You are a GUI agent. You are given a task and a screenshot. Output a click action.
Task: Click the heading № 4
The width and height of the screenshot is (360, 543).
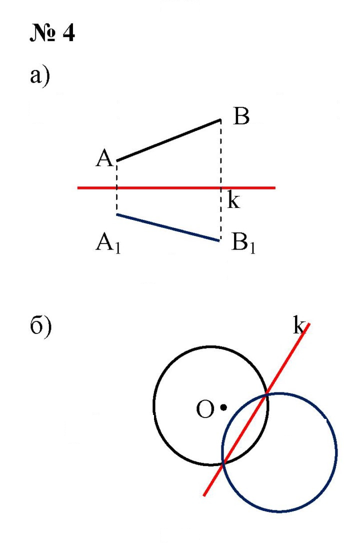point(52,33)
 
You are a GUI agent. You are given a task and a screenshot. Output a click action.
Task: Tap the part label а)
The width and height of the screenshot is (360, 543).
point(40,76)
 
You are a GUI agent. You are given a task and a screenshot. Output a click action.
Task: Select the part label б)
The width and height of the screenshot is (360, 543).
point(40,327)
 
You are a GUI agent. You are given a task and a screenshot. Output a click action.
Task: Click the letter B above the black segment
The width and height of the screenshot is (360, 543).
point(241,116)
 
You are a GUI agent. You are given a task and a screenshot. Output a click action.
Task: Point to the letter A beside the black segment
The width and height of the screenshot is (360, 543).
point(104,159)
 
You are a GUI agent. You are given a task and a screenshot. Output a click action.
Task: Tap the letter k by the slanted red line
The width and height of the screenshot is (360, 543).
point(299,325)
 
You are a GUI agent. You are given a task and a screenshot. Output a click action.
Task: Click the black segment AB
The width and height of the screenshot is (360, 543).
point(169,140)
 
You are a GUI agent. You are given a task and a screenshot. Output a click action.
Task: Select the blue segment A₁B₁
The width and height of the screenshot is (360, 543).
point(168,227)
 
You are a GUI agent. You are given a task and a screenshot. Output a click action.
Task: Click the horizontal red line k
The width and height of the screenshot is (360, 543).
point(176,187)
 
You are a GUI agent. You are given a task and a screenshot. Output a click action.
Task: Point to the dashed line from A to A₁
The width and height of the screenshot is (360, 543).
point(116,187)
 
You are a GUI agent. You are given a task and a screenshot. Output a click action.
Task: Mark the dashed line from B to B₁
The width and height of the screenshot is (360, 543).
point(221,180)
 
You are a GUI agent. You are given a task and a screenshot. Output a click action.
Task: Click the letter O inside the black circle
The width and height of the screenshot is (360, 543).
point(205,409)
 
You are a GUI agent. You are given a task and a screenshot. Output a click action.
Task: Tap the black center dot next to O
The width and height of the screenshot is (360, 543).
point(223,407)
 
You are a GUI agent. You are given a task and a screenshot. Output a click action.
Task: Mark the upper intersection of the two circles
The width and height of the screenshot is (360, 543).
point(266,394)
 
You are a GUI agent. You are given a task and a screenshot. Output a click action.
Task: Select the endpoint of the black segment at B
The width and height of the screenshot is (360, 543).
point(220,120)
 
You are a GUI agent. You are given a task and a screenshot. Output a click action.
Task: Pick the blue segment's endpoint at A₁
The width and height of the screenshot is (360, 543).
point(117,214)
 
